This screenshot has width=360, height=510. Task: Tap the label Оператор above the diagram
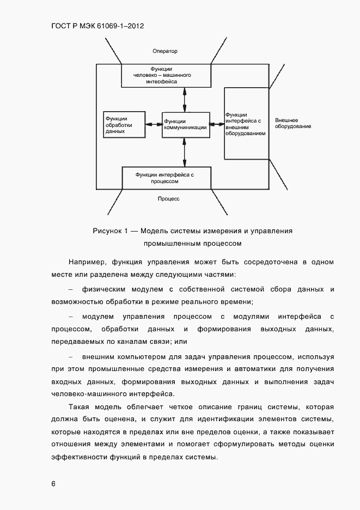[x=166, y=51]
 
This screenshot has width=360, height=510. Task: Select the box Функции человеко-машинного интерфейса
[x=165, y=75]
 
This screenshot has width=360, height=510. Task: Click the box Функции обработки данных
[x=124, y=124]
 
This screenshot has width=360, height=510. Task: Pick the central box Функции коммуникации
[x=186, y=124]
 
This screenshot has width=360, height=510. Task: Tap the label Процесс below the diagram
[x=169, y=199]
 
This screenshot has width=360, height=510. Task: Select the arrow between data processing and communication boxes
[x=154, y=124]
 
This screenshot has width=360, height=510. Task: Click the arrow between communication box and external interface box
[x=217, y=124]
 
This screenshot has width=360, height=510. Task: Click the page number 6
[x=53, y=483]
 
